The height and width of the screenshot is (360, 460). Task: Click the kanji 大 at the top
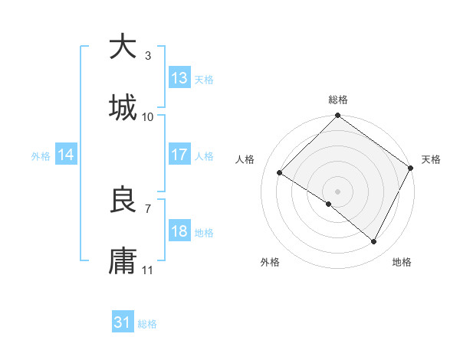(x=123, y=47)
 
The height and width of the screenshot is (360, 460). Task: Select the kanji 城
(x=123, y=107)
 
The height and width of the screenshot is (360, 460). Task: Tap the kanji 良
(x=123, y=200)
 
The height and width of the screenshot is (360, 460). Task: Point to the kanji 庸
(x=123, y=260)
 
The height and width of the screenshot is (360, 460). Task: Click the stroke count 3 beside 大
(x=148, y=56)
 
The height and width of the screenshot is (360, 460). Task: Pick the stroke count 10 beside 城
(x=148, y=116)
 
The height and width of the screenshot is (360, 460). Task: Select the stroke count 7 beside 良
(x=148, y=208)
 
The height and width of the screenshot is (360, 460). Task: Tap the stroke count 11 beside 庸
(x=148, y=270)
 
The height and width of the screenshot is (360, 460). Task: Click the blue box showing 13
(x=179, y=78)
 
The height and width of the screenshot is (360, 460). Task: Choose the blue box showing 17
(x=179, y=155)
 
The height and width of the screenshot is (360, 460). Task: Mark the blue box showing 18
(x=179, y=231)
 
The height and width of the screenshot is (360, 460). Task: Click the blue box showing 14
(x=67, y=155)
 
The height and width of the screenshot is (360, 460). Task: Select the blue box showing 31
(x=123, y=323)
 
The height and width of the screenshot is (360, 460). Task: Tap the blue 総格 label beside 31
(x=148, y=324)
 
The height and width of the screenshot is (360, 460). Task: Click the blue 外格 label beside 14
(x=41, y=155)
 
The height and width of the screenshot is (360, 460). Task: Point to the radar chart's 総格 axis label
(x=338, y=100)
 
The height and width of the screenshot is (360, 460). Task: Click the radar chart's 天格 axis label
(x=431, y=159)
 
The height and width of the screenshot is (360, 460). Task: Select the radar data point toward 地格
(x=374, y=242)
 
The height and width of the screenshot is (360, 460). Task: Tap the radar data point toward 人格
(x=280, y=173)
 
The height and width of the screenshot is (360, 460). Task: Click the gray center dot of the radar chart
(x=338, y=191)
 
